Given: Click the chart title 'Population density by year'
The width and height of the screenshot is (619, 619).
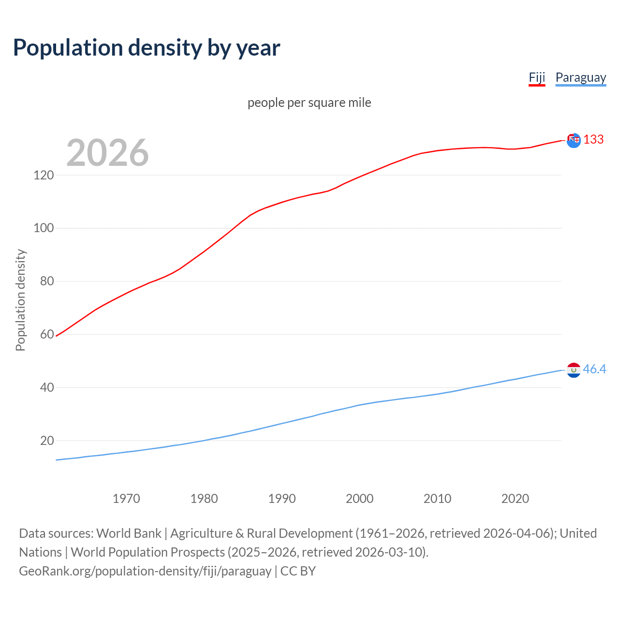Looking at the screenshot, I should point(147,47).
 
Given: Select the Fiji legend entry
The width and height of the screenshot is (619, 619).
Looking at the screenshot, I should point(537,77).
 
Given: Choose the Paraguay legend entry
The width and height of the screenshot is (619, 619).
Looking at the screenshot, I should point(580,77).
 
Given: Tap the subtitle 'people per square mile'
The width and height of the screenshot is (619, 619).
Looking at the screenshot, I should point(309,103).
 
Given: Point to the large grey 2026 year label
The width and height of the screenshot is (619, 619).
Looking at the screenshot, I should point(107,153).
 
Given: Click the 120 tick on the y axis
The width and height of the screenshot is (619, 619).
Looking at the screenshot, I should point(44,175).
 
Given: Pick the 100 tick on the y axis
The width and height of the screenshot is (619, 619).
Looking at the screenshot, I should point(44,228).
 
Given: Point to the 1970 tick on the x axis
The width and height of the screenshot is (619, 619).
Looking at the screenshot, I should point(126,499).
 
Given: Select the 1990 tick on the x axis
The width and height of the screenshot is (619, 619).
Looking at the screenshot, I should point(282,499).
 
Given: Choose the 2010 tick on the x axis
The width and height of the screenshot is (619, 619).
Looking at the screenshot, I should point(437,499).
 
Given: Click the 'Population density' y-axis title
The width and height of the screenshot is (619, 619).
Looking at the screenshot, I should point(20,300).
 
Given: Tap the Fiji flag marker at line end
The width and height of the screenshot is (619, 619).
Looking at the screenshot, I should point(574,140).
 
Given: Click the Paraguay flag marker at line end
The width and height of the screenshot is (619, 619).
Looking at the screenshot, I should point(574,370).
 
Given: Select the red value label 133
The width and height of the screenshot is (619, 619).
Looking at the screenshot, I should point(593,139).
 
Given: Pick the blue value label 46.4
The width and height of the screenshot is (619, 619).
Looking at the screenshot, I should point(594,369).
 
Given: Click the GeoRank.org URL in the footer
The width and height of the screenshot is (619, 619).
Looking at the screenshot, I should point(145,571).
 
